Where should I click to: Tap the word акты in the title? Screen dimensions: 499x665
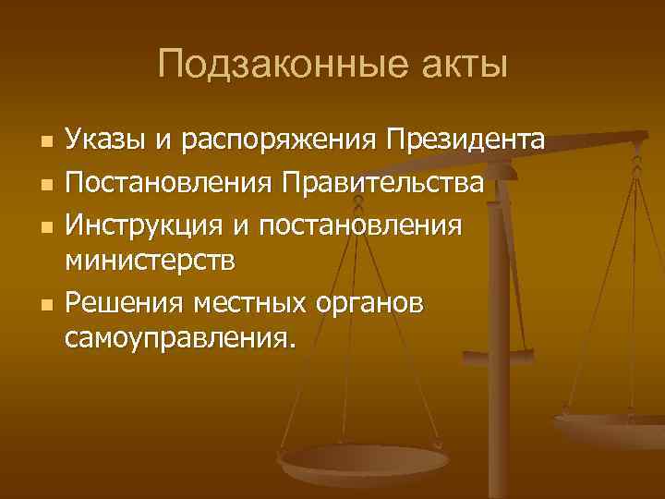(x=461, y=65)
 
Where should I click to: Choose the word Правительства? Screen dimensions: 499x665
(x=378, y=182)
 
